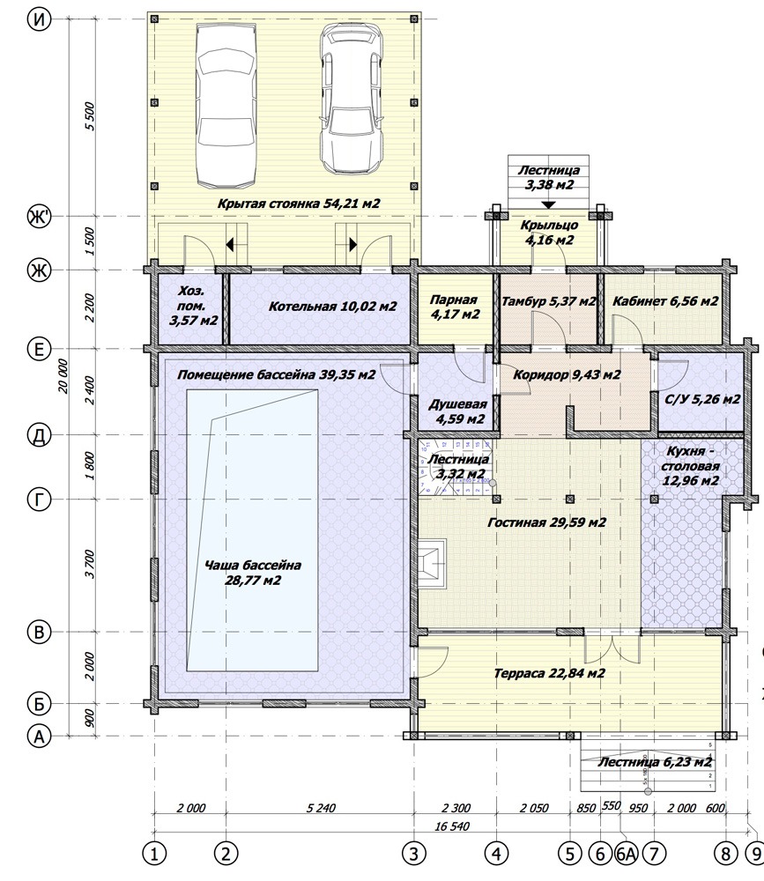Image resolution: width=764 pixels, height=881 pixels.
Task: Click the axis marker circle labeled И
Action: (x=39, y=19)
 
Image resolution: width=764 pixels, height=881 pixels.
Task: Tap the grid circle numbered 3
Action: (x=414, y=854)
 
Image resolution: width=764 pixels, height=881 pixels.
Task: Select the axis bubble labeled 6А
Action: (x=625, y=854)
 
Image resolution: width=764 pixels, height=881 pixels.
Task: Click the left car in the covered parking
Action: (x=226, y=107)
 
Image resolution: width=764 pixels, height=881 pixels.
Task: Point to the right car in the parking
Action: (x=351, y=101)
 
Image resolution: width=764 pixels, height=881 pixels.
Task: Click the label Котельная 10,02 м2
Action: (x=333, y=307)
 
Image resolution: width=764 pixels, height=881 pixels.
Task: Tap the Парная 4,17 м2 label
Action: (x=455, y=307)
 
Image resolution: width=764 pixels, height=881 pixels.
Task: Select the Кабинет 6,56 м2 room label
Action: (x=665, y=301)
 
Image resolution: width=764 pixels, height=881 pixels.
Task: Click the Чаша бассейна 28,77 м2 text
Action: (x=253, y=573)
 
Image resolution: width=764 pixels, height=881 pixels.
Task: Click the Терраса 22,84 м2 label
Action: (x=549, y=673)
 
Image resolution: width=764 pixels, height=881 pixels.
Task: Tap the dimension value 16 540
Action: (x=452, y=826)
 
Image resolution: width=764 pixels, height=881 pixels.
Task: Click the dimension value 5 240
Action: (x=321, y=808)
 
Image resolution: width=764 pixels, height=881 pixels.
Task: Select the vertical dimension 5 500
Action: (x=90, y=116)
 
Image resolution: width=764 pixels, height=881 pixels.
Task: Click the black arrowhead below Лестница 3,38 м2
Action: (x=549, y=205)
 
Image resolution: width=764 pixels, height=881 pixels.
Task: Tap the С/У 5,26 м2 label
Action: (x=702, y=399)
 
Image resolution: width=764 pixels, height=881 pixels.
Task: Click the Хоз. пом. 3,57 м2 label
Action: (x=193, y=307)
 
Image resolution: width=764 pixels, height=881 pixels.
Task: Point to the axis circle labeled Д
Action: (x=39, y=435)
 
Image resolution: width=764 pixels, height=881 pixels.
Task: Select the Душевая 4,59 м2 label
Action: (x=457, y=411)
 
